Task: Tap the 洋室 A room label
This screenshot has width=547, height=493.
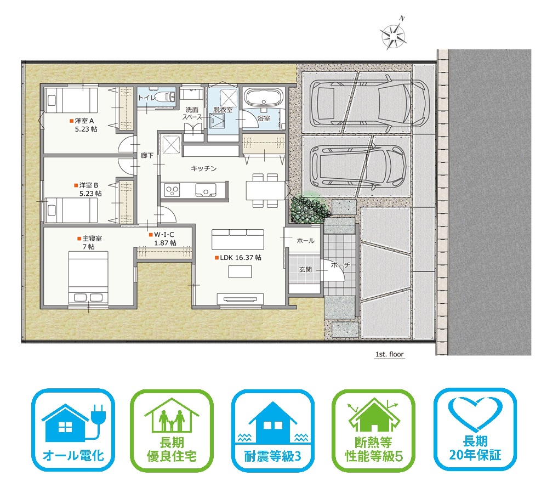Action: [x=84, y=121]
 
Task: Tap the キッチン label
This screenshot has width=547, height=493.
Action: [x=204, y=169]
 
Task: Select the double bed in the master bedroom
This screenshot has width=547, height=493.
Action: [x=88, y=277]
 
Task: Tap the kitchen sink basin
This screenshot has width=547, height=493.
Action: [x=205, y=190]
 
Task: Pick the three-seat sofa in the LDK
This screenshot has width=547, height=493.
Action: [x=237, y=239]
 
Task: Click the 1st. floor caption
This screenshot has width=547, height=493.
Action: [x=389, y=354]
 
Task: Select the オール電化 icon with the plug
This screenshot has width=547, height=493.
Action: [x=73, y=430]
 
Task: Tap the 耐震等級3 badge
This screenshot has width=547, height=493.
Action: [x=272, y=430]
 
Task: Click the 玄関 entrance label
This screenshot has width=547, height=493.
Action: [x=305, y=270]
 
